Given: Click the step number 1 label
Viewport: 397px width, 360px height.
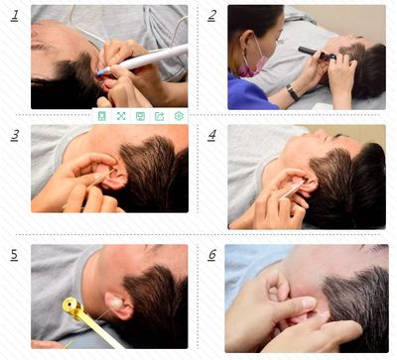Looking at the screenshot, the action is click(14, 16).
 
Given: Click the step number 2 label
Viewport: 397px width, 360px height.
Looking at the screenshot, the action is click(212, 16).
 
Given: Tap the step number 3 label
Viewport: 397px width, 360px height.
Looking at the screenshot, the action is click(15, 135).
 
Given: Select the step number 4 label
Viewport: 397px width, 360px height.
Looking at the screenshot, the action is click(212, 135).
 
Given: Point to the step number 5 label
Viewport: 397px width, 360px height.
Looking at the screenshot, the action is click(14, 255).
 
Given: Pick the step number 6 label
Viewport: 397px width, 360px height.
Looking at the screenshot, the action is click(212, 255).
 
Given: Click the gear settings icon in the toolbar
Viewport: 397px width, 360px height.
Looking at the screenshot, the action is click(179, 116).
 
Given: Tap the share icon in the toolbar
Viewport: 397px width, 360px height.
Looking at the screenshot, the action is click(160, 116).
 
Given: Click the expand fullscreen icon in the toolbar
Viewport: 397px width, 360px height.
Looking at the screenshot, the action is click(121, 116).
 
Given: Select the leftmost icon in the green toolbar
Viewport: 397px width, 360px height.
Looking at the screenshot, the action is click(102, 116).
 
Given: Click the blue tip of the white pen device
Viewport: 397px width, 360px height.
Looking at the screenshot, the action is click(102, 71).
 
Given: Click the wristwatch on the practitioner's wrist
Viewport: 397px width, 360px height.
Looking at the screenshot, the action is click(293, 92).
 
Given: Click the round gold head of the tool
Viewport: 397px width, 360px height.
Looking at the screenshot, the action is click(71, 304).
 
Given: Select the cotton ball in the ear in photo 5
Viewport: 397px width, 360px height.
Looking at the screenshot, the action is click(116, 302).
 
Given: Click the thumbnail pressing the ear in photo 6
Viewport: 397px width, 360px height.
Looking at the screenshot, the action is click(309, 302).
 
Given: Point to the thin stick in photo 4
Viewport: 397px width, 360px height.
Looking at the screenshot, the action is click(292, 190).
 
